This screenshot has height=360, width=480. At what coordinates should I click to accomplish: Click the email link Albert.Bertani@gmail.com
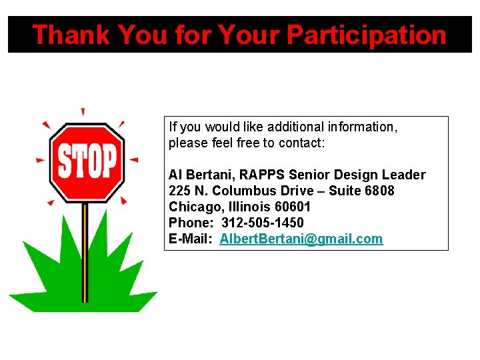(x=301, y=239)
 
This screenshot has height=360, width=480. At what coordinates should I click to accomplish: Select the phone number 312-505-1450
(x=263, y=223)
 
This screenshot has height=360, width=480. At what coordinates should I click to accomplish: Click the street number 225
(x=179, y=191)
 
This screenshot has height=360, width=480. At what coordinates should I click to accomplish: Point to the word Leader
(x=403, y=175)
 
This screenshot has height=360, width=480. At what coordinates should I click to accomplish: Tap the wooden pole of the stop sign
(x=85, y=253)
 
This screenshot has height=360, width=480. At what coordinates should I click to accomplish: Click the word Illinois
(x=246, y=207)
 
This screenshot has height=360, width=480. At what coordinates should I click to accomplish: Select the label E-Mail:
(x=191, y=239)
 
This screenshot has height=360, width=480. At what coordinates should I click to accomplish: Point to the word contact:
(x=301, y=143)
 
